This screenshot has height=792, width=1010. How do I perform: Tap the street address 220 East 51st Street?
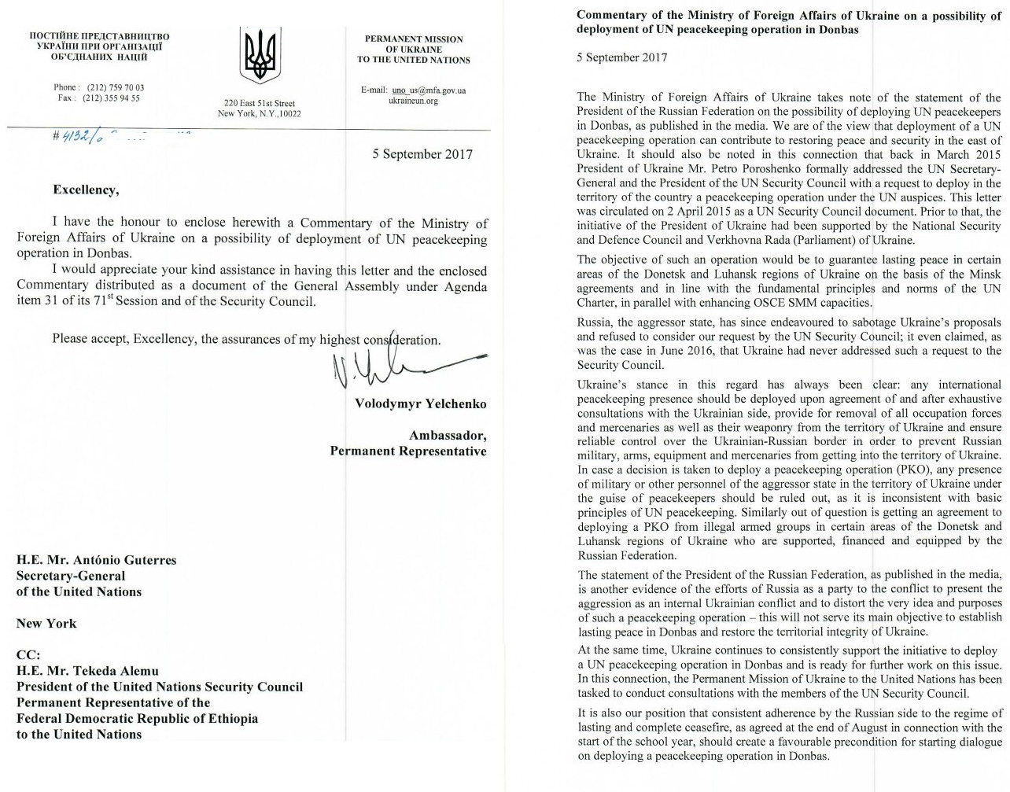259,103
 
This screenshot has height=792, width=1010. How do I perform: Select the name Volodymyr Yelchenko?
418,404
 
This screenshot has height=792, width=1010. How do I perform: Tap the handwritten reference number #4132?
72,135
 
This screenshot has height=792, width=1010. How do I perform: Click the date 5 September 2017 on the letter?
422,153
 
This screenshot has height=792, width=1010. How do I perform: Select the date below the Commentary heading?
621,57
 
